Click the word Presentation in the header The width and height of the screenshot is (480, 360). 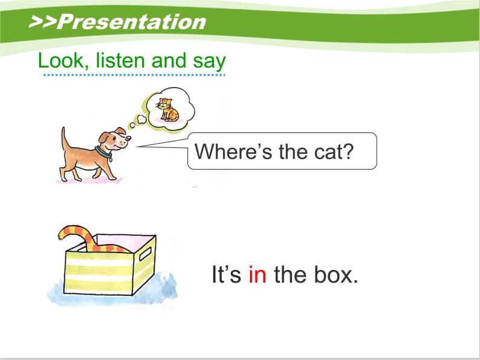click(134, 22)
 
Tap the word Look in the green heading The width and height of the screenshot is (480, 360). click(56, 60)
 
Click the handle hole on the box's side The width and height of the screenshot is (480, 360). click(144, 253)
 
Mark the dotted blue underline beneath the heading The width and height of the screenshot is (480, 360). click(134, 75)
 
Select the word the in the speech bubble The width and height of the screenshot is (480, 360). click(294, 151)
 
